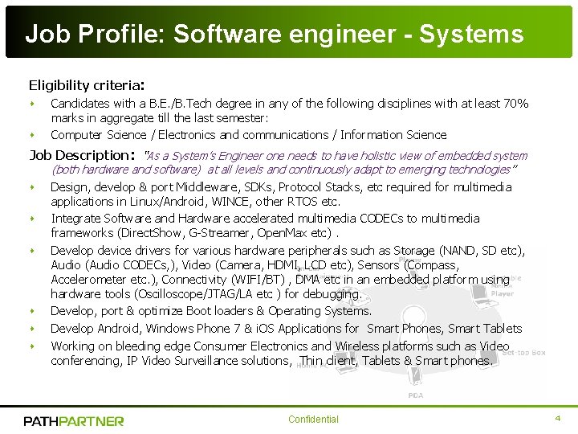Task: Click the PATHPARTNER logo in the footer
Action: pos(74,420)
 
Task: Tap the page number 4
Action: pos(557,419)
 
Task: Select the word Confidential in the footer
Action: pos(313,420)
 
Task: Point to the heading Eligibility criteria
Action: pos(86,84)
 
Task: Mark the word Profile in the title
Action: pos(112,35)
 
